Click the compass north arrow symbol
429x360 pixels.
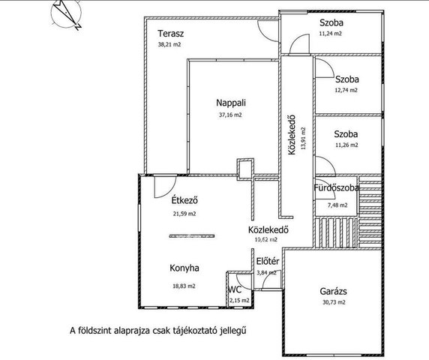(x=67, y=14)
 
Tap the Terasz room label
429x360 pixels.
(x=171, y=34)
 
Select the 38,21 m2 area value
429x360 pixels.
(x=169, y=44)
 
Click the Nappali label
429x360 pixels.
(x=231, y=103)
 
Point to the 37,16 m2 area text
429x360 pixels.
(x=230, y=115)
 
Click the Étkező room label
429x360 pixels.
(x=184, y=199)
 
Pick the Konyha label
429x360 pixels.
(x=184, y=268)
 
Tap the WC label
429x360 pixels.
(x=235, y=289)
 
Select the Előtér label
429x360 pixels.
(x=268, y=261)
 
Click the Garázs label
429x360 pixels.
(x=333, y=291)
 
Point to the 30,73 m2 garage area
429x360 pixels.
(x=334, y=302)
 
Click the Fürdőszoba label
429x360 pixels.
(x=336, y=188)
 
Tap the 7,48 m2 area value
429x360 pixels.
(x=337, y=205)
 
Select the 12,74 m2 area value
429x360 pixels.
(x=346, y=90)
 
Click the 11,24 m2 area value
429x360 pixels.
(x=330, y=34)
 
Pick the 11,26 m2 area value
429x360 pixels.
(x=346, y=145)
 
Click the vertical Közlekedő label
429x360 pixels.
(x=292, y=134)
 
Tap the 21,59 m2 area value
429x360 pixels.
(x=184, y=214)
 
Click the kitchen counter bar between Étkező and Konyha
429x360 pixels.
(x=192, y=235)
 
